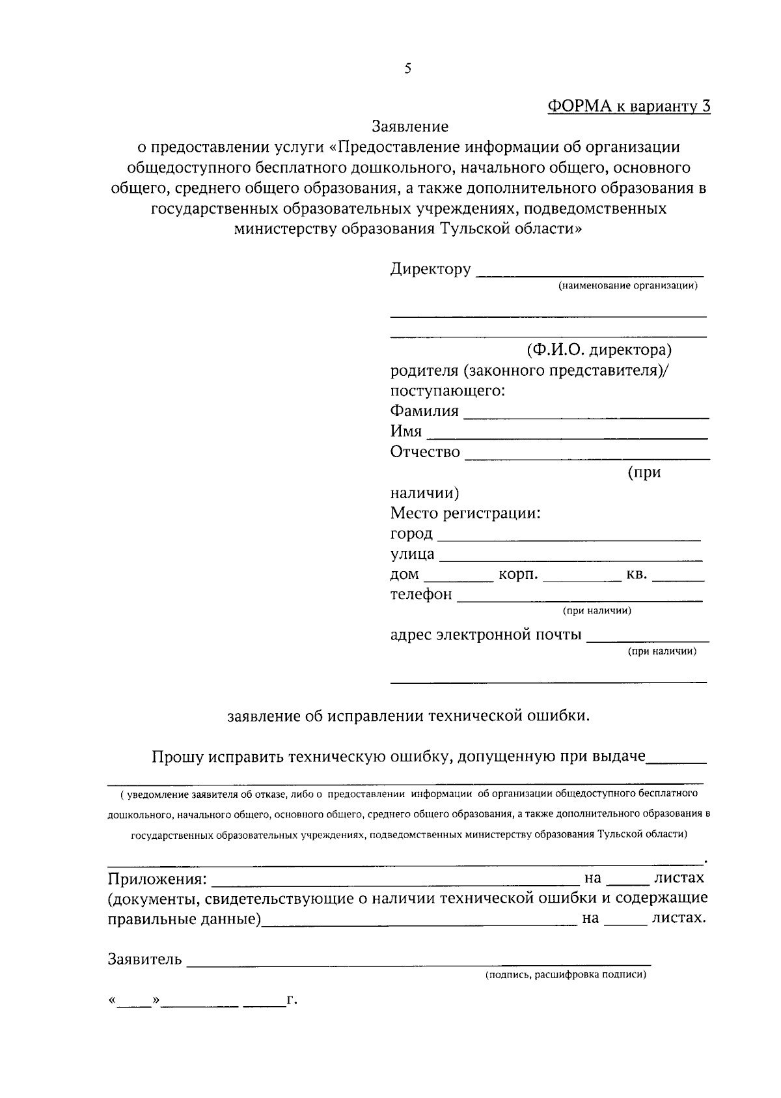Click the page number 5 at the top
point(407,68)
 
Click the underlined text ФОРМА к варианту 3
point(628,106)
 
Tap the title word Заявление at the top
point(410,126)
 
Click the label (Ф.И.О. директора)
point(599,350)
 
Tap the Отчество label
point(425,452)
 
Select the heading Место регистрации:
point(465,513)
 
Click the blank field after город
point(568,537)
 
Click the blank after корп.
point(581,578)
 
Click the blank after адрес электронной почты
point(648,639)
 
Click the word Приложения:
point(157,879)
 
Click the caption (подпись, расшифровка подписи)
point(565,976)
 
